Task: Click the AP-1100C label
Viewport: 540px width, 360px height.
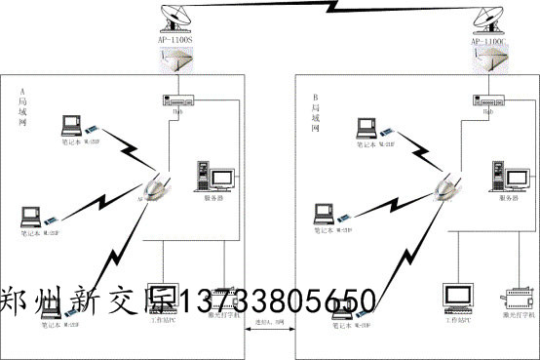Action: (488, 42)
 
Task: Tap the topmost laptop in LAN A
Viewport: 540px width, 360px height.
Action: (72, 126)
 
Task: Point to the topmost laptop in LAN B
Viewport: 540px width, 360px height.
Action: (366, 126)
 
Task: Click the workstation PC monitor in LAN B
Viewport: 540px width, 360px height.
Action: (455, 297)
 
